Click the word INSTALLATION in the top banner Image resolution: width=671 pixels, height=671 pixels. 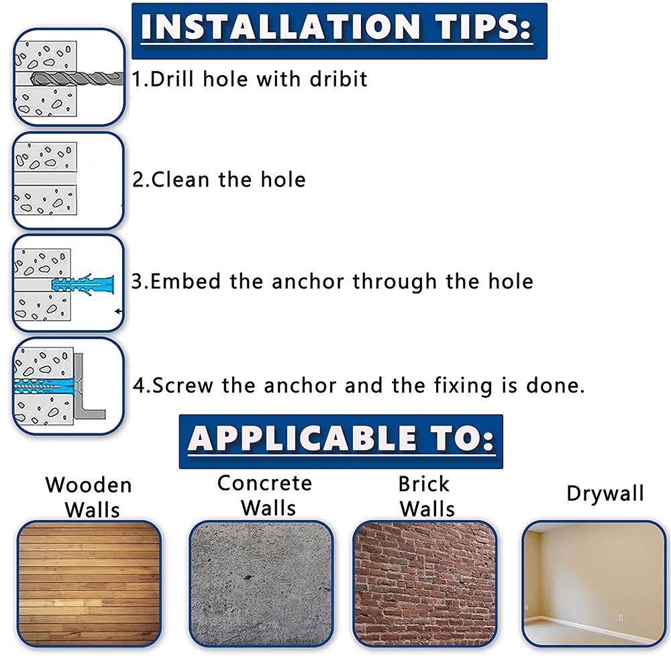click(x=280, y=27)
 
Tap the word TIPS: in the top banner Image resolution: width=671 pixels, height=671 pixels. click(x=484, y=27)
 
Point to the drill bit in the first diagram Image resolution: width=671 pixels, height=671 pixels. click(x=77, y=79)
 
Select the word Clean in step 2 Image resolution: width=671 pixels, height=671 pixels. click(x=180, y=179)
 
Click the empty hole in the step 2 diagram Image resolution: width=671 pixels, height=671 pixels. click(x=46, y=178)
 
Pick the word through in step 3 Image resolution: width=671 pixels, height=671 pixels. click(x=395, y=282)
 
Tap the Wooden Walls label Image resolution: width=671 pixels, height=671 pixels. click(x=89, y=497)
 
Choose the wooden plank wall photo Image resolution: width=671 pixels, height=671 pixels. click(x=89, y=584)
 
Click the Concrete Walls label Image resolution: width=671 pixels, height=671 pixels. click(x=265, y=496)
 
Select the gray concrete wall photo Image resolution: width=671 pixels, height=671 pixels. click(x=261, y=584)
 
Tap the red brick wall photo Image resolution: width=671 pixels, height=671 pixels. click(x=425, y=584)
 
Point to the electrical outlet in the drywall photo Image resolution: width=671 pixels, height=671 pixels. click(x=621, y=618)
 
